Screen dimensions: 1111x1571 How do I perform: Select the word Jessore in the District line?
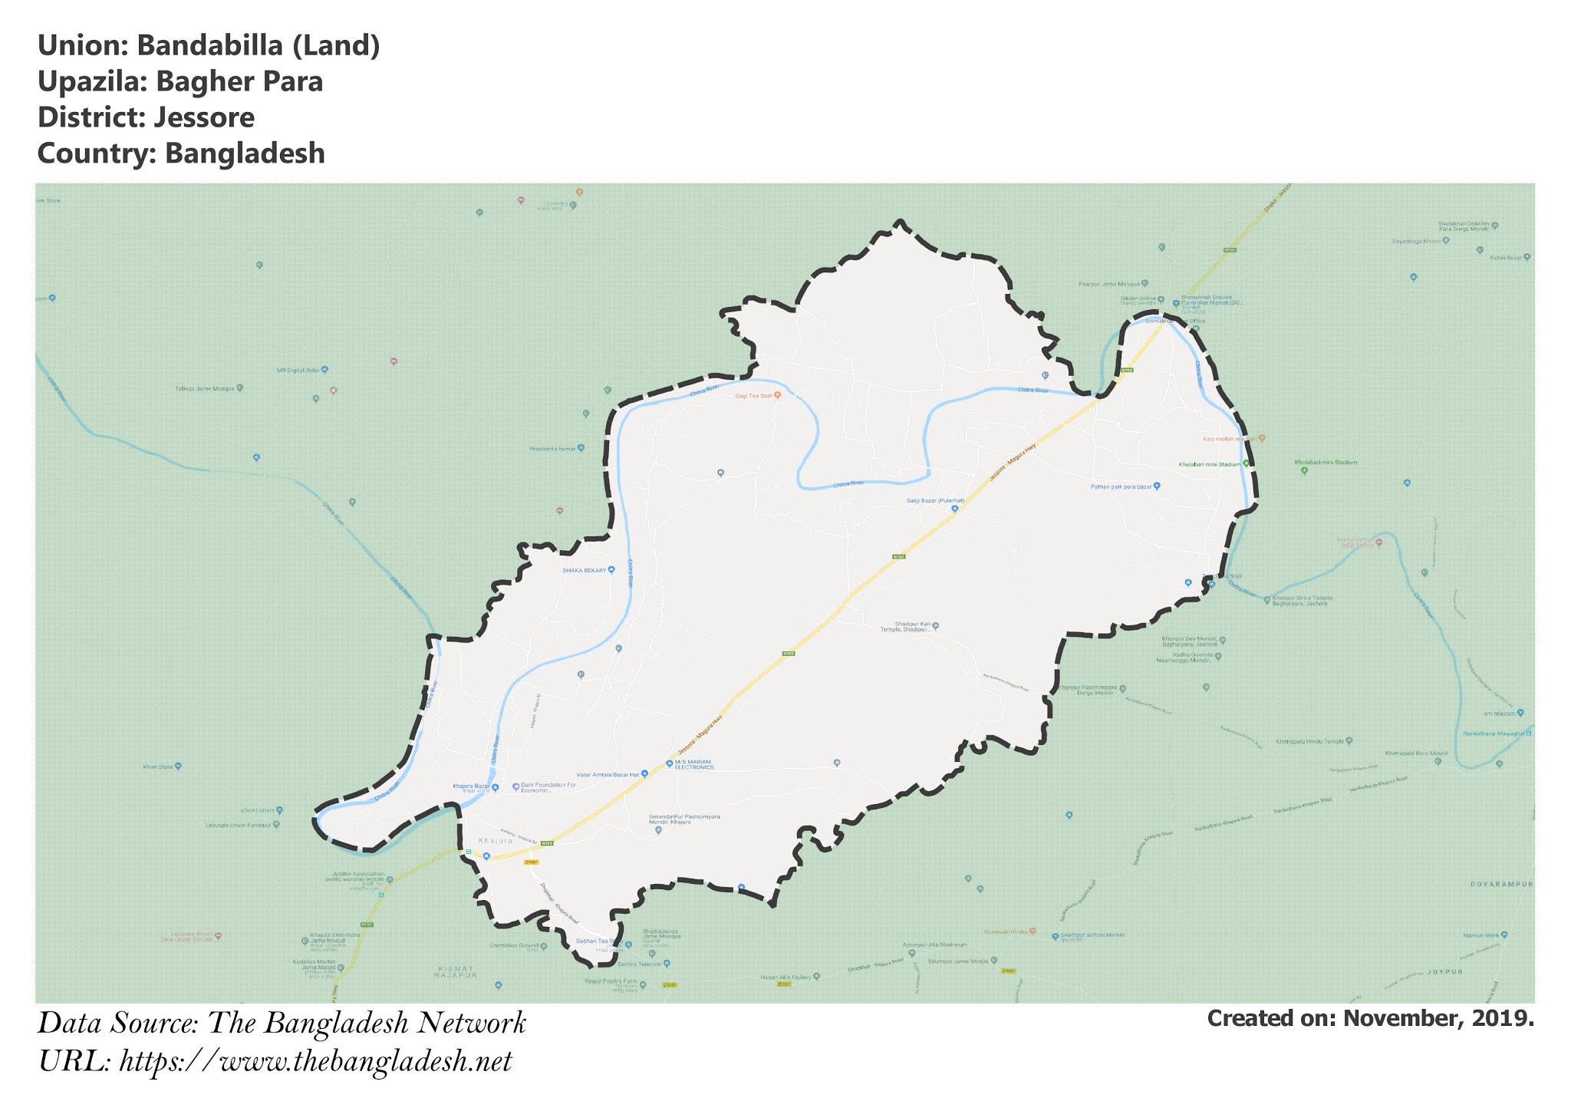pos(203,118)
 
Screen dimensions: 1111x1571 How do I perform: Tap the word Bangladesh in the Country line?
pos(245,153)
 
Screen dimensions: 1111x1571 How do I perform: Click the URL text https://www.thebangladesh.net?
pos(315,1062)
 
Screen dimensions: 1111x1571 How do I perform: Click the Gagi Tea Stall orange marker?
pos(777,396)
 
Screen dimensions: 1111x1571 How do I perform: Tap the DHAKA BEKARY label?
pos(585,571)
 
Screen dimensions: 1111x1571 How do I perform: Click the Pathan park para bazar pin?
pos(1157,486)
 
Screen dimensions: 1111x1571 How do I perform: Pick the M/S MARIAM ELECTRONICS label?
pos(693,765)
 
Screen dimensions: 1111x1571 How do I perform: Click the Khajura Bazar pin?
pos(495,787)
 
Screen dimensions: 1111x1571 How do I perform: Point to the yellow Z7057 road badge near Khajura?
pos(531,862)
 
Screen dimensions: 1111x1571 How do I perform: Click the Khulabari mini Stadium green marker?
pos(1246,463)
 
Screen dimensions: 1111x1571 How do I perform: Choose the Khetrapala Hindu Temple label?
pos(1310,742)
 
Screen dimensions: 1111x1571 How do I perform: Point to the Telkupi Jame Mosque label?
pos(205,389)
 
